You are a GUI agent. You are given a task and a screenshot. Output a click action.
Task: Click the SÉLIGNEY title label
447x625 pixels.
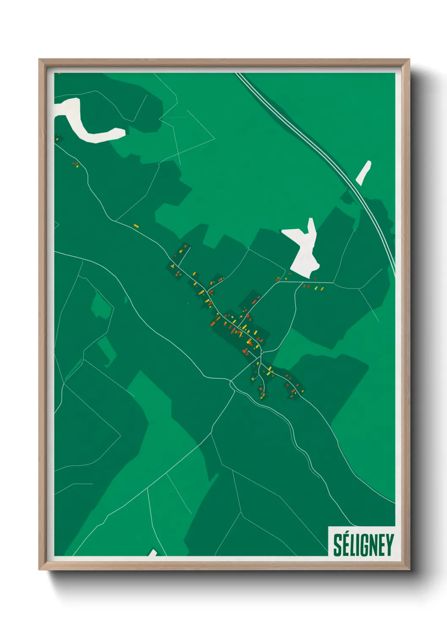[x=363, y=545]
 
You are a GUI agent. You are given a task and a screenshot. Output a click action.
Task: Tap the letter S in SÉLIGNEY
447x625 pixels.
[x=337, y=545]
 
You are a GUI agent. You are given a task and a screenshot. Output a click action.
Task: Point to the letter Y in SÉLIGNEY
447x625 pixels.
[x=390, y=545]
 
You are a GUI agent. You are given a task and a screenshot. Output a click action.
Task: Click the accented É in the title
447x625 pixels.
[x=345, y=544]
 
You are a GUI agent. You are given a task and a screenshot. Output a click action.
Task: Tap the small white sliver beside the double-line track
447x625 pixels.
[x=364, y=172]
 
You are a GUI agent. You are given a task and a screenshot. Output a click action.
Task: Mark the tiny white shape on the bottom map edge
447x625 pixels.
[x=153, y=553]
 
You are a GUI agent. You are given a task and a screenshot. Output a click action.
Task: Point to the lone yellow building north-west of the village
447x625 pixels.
[x=136, y=226]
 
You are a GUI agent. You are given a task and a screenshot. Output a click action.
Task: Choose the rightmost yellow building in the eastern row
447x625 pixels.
[x=322, y=289]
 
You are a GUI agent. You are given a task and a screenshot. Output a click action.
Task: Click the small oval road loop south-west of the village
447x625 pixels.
[x=232, y=385]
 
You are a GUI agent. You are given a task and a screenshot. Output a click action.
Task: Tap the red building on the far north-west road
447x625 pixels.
[x=76, y=164]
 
